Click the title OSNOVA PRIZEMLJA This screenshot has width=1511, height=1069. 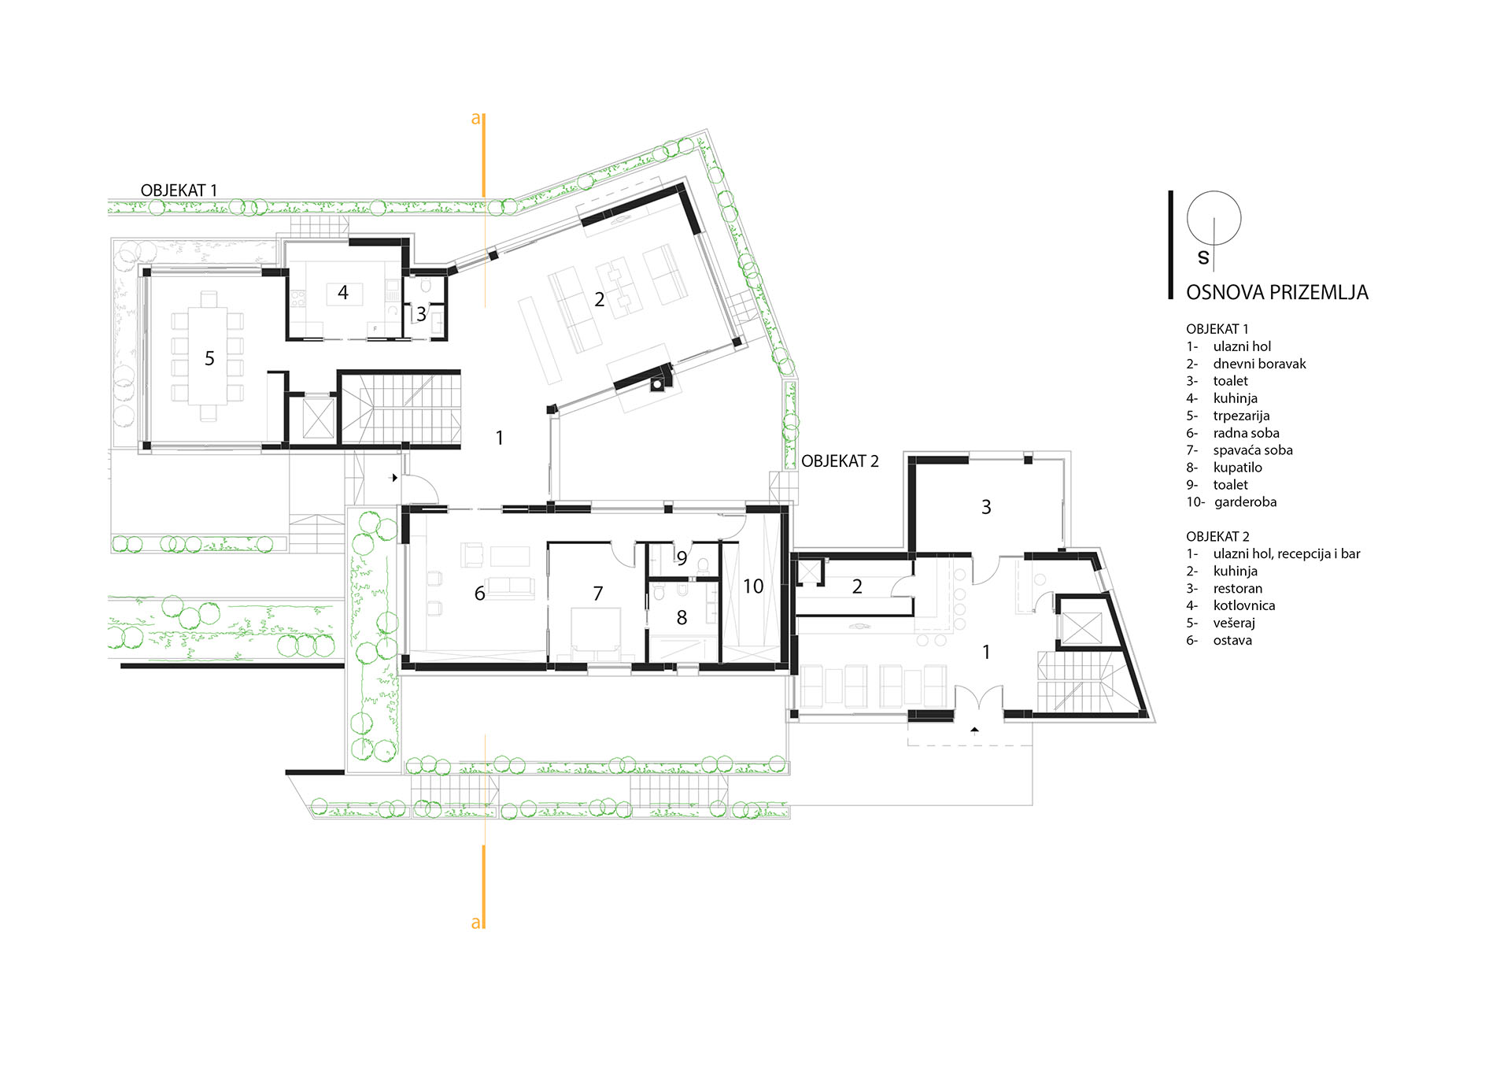coord(1277,292)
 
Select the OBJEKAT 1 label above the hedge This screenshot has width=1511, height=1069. coord(179,190)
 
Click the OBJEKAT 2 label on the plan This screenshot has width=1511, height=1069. coord(840,461)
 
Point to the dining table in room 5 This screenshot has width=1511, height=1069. coord(208,357)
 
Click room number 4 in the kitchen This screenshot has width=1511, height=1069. coord(343,293)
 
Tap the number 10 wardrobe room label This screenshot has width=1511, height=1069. coord(753,586)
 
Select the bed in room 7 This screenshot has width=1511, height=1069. coord(596,632)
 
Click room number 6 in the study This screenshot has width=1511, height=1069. coord(479,594)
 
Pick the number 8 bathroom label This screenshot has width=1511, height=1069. coord(682,618)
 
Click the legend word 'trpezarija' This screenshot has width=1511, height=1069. coord(1241,416)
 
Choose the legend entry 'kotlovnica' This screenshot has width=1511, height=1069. coord(1244,605)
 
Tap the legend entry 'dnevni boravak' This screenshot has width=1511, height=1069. coord(1259,364)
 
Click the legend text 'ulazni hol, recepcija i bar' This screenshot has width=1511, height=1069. coord(1287,554)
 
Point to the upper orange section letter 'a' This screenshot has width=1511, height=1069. coord(475,119)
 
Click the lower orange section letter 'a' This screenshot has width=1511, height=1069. coord(475,923)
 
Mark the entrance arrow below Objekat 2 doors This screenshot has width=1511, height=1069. coord(974,731)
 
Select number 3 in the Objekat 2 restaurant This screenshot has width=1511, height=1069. coord(986,508)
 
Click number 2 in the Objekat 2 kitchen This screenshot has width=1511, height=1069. coord(857,586)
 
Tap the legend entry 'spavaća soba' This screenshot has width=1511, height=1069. coord(1253,450)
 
